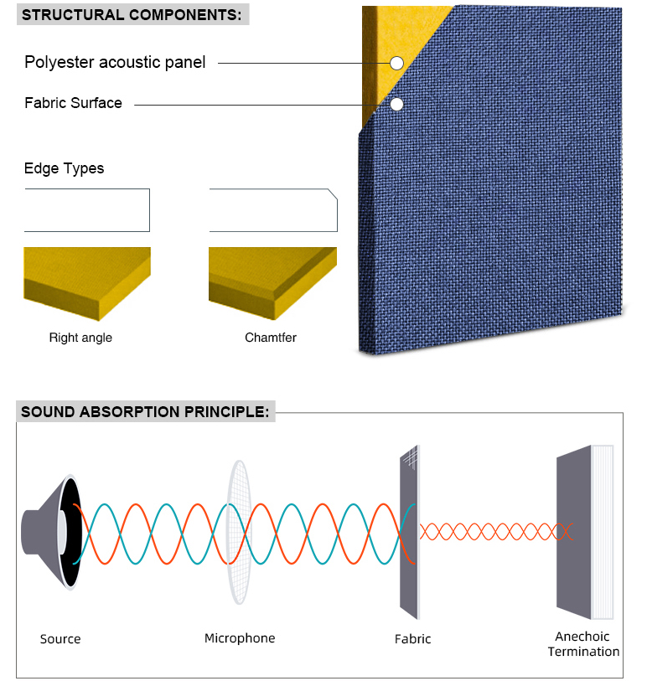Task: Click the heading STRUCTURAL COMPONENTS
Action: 132,15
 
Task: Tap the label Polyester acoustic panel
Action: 115,62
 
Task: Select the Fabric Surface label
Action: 73,103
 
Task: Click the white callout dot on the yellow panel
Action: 396,63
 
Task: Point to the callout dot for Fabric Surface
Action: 396,104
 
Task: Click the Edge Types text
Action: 64,168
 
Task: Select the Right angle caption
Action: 80,338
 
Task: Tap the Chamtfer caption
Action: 270,338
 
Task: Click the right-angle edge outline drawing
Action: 149,210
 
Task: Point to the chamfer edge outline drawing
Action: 337,215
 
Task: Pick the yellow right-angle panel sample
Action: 87,283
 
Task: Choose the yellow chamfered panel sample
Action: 272,283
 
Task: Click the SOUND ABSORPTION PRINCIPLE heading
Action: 145,412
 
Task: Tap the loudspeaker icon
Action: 52,532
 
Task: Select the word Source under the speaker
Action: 60,639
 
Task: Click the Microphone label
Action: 240,638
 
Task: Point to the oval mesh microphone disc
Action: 239,532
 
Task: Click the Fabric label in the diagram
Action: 413,639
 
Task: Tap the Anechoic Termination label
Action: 583,644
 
